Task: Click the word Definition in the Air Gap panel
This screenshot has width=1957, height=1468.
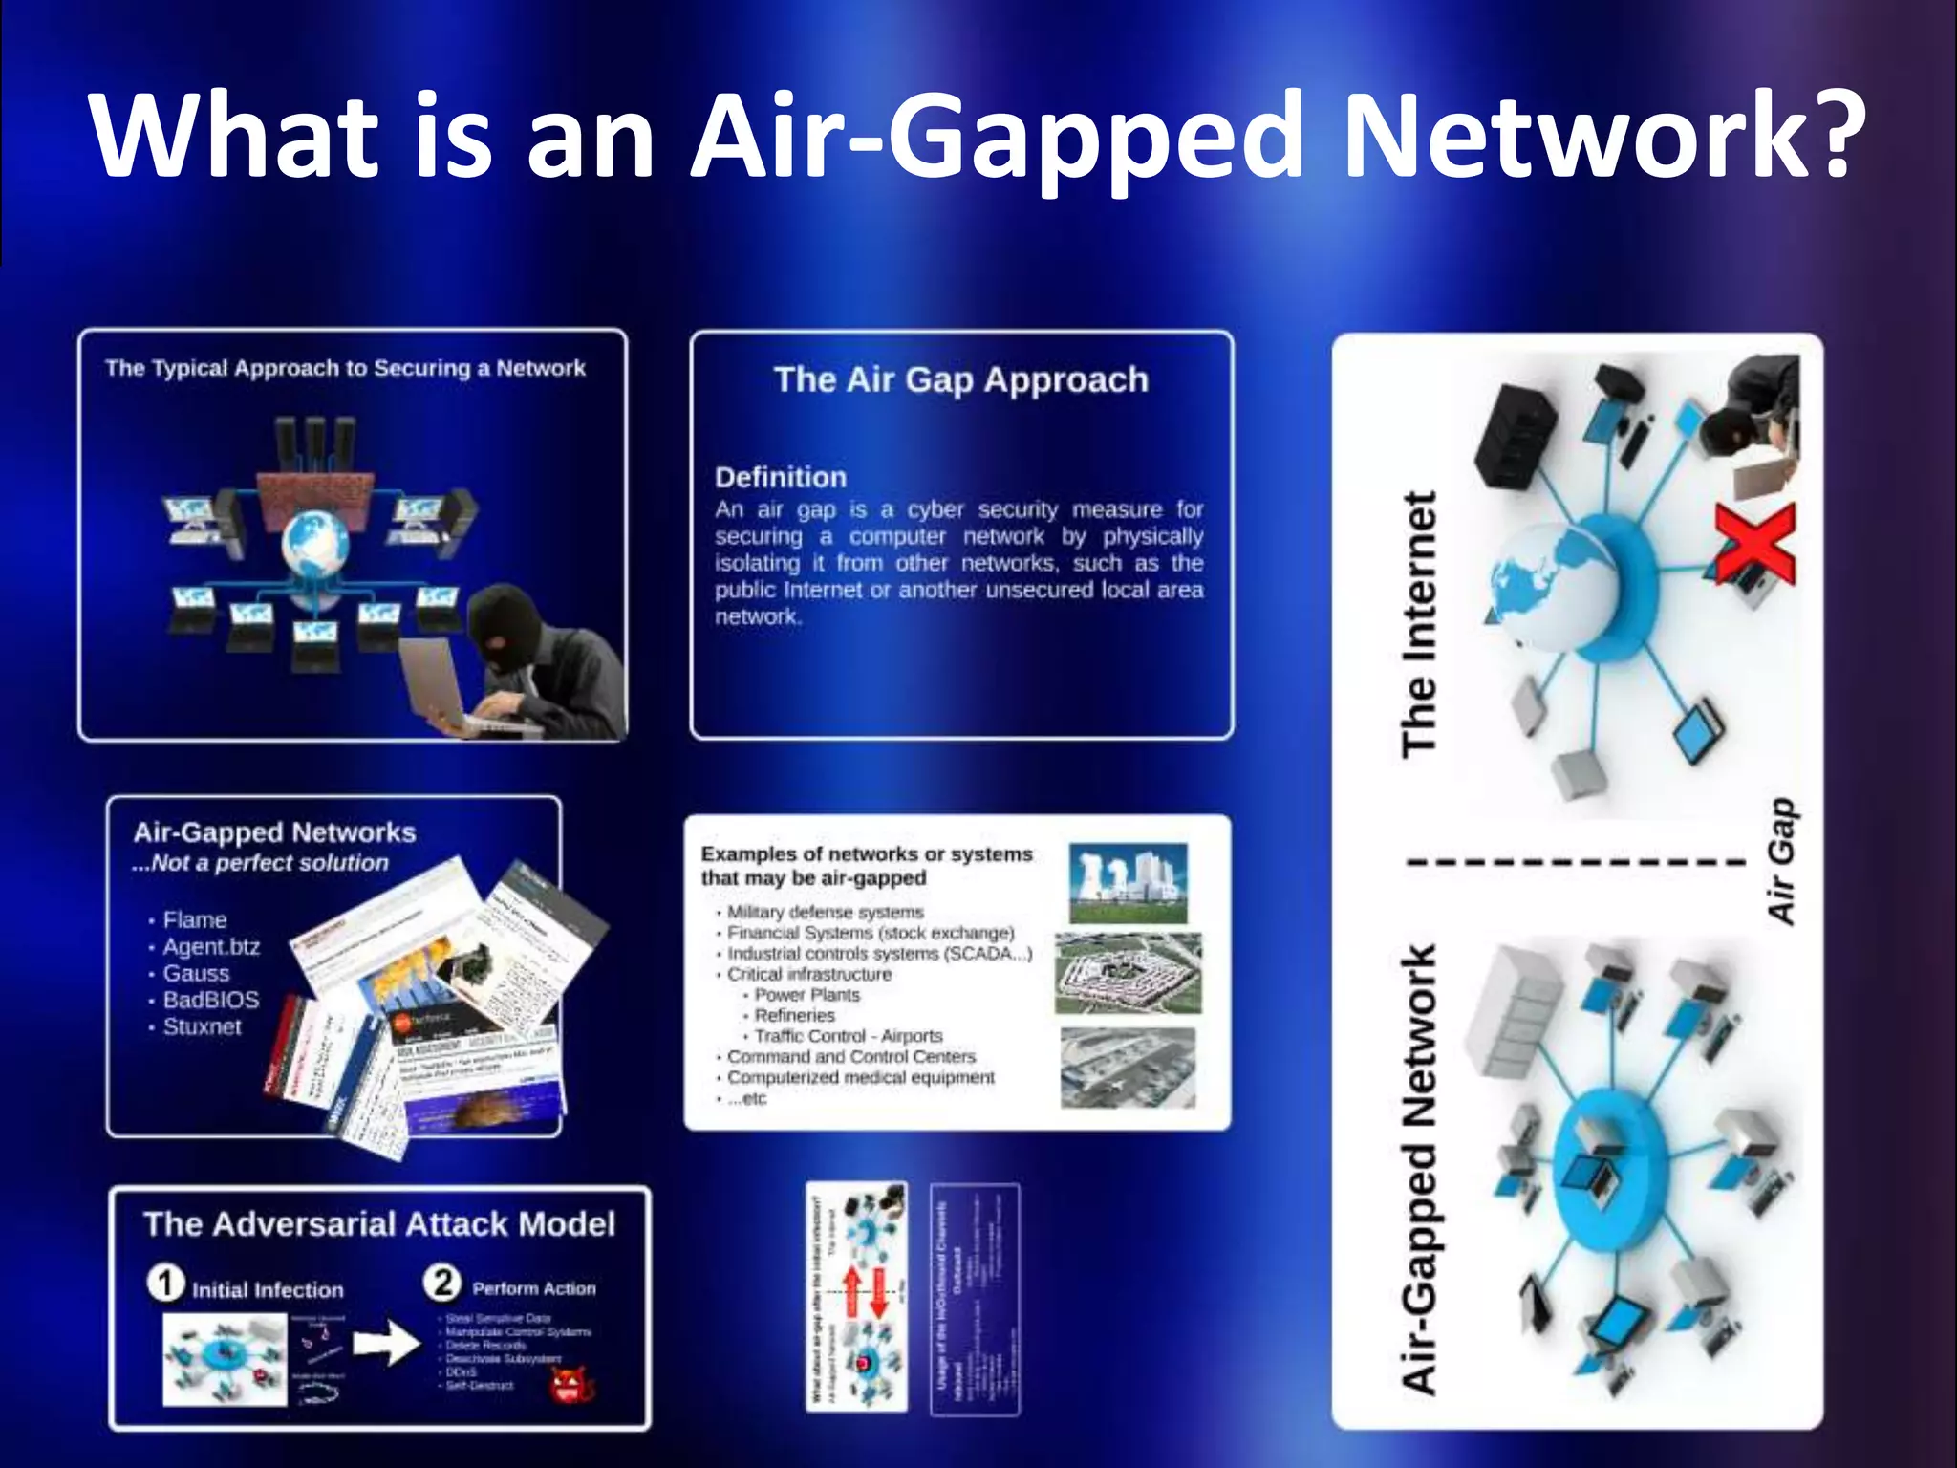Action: pos(780,477)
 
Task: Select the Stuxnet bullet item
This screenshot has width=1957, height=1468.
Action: pos(202,1026)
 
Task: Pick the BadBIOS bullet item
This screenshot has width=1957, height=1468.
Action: pos(210,1000)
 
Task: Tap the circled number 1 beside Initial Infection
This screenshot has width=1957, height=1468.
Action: pos(165,1283)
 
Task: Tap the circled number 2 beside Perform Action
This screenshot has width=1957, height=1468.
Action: pos(442,1282)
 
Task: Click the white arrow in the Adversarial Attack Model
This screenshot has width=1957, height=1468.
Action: pos(387,1345)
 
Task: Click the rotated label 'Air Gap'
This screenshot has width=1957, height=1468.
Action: pos(1780,860)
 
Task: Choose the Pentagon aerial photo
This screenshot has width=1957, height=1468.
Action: pos(1128,973)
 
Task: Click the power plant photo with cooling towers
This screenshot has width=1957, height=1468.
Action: pos(1128,882)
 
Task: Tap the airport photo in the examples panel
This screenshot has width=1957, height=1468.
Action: pos(1128,1068)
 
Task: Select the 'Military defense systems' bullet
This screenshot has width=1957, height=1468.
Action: pos(825,912)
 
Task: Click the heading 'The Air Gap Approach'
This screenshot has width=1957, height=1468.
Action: pos(960,379)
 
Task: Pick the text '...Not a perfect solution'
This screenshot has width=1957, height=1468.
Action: pos(260,862)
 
